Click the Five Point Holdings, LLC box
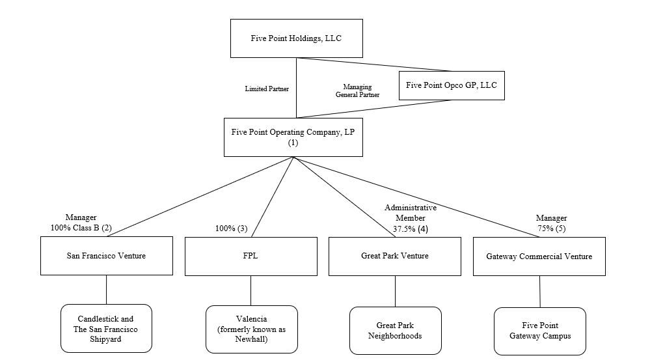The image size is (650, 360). [296, 38]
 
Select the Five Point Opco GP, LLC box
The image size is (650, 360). [451, 85]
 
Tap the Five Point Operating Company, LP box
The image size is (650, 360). [293, 137]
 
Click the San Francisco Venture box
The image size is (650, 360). [106, 256]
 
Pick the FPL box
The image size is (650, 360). [251, 256]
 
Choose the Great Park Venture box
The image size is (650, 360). [394, 256]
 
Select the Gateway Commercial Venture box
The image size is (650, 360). [539, 256]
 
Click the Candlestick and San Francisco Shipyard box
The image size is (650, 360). [106, 329]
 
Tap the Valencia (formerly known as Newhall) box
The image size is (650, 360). [251, 329]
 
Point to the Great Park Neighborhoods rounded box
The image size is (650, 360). [395, 331]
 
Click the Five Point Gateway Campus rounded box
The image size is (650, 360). [539, 331]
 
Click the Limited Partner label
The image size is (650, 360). [266, 89]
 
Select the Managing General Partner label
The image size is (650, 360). [357, 90]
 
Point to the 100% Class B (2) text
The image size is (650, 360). [81, 228]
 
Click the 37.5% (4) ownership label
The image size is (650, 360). [410, 228]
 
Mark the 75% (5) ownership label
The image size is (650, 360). [551, 228]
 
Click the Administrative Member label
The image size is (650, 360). [410, 212]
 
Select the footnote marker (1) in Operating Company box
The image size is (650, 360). [292, 143]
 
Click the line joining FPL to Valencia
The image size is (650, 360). [251, 290]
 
